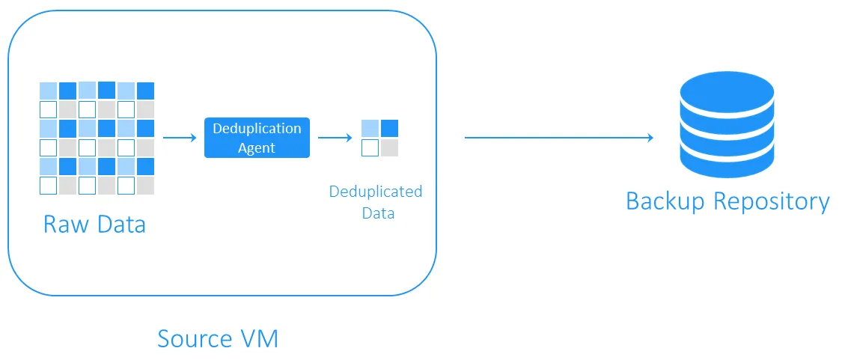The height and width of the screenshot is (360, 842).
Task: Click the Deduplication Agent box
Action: click(257, 138)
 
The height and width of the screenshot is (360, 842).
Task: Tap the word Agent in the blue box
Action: click(257, 148)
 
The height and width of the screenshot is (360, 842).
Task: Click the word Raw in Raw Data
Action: click(61, 225)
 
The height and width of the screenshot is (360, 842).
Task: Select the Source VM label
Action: click(218, 338)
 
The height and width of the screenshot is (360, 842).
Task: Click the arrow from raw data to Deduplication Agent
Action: click(179, 138)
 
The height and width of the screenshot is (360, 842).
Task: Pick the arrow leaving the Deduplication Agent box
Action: click(335, 138)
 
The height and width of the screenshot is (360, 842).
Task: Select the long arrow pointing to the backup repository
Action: click(558, 138)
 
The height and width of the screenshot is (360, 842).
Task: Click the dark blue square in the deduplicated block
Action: click(389, 128)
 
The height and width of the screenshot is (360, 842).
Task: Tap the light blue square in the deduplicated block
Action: click(370, 128)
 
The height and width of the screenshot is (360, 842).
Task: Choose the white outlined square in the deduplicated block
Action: click(370, 147)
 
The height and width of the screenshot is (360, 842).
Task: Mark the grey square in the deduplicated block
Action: click(389, 147)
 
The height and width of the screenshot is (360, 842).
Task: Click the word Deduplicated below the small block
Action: click(376, 192)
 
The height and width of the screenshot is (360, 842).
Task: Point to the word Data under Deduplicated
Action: click(378, 213)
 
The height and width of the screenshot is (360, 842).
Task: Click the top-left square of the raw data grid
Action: click(48, 91)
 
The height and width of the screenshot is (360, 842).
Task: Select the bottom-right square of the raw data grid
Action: click(145, 185)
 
